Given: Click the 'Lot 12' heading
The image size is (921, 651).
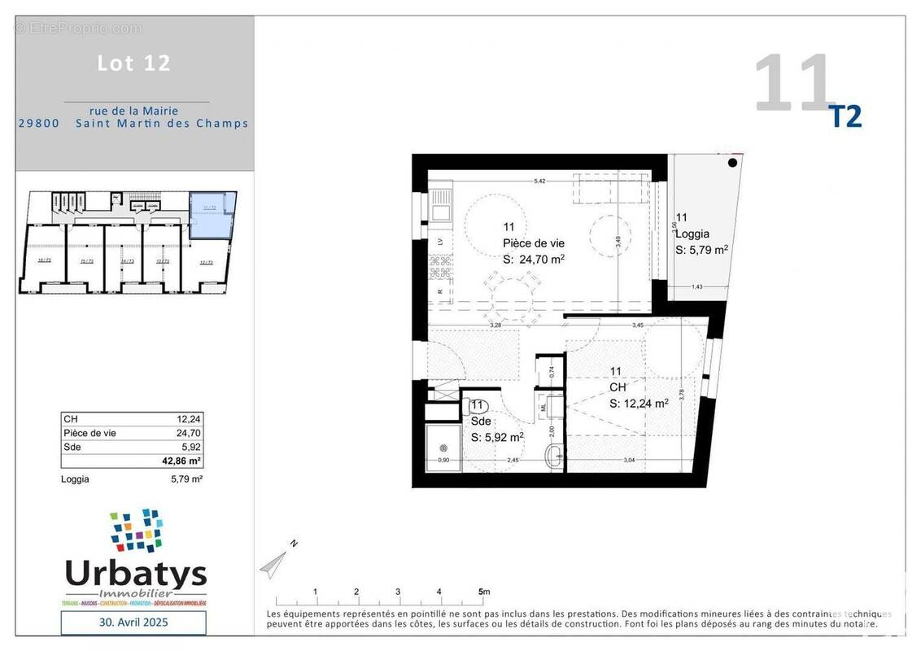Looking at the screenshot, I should click(x=134, y=63).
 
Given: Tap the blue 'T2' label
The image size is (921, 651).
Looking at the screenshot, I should click(x=845, y=117).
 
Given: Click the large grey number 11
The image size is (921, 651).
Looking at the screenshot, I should click(x=793, y=83).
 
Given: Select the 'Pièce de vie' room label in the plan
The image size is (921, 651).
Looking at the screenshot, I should click(x=533, y=243).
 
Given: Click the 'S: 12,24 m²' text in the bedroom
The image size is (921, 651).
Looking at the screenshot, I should click(x=639, y=403).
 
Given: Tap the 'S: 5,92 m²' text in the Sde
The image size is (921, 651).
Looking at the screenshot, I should click(x=496, y=437).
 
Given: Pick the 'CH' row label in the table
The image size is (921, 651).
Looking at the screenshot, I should click(x=70, y=419).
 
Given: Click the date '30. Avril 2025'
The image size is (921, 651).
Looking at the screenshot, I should click(x=133, y=623).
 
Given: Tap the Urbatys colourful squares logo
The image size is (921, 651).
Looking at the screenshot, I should click(x=136, y=530).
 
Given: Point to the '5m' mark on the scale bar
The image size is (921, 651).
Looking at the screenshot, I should click(x=483, y=592).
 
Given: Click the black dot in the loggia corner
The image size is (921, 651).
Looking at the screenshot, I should click(x=732, y=163).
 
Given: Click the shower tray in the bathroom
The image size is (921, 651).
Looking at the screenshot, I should click(x=444, y=447).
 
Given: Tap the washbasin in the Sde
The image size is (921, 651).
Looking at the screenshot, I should click(x=555, y=455).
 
